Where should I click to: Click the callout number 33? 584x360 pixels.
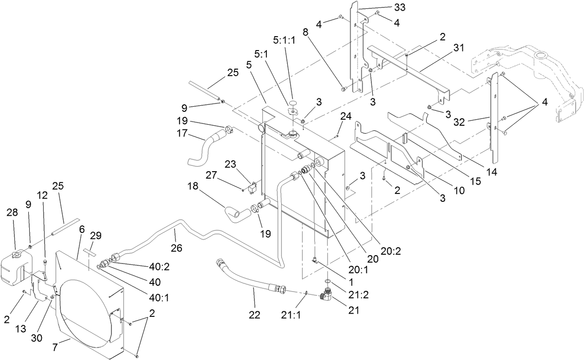pyautogui.click(x=399, y=7)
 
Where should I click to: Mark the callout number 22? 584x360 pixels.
pyautogui.click(x=254, y=315)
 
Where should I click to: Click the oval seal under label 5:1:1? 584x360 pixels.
pyautogui.click(x=292, y=102)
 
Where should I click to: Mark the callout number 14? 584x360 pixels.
pyautogui.click(x=492, y=171)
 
